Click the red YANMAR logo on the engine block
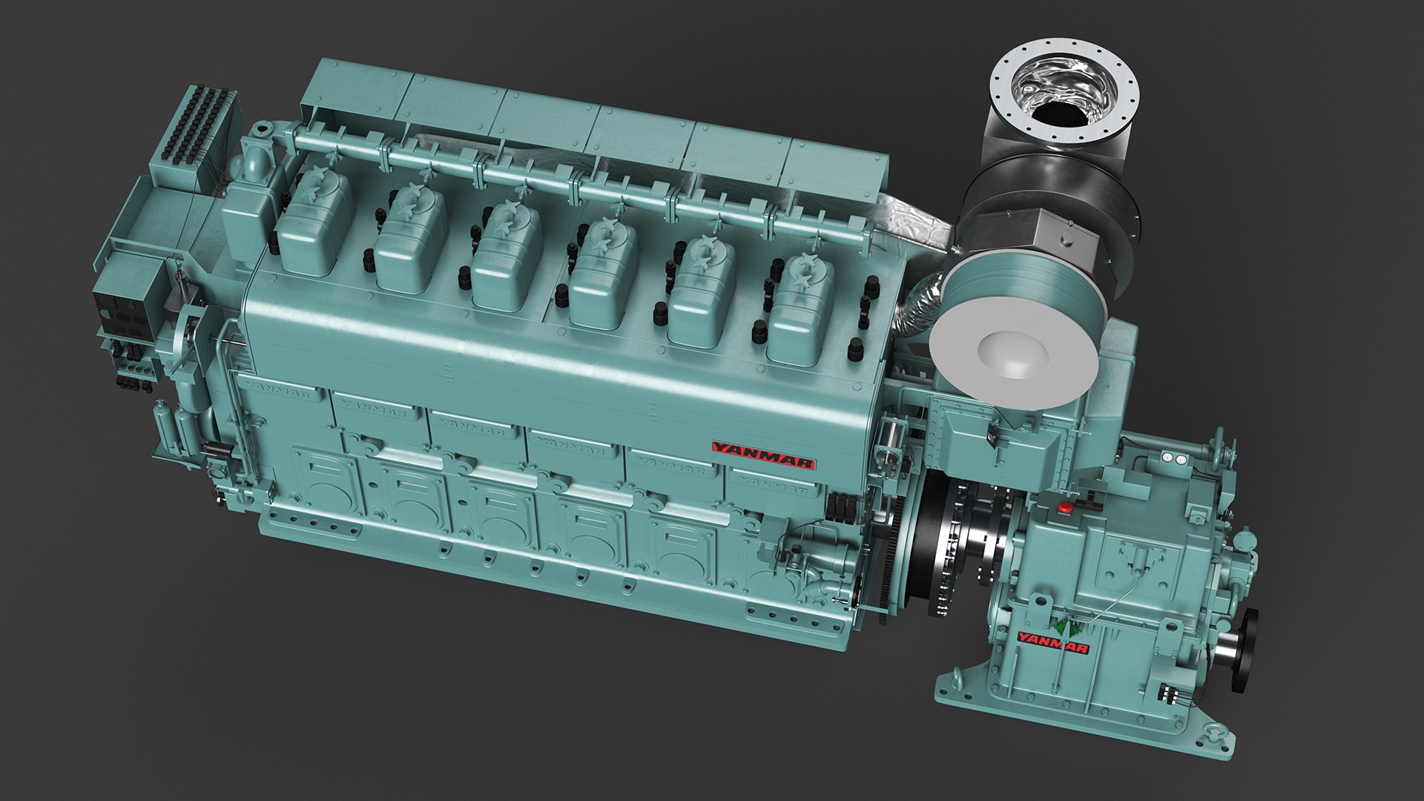point(763,455)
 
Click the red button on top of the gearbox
point(1066,508)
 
